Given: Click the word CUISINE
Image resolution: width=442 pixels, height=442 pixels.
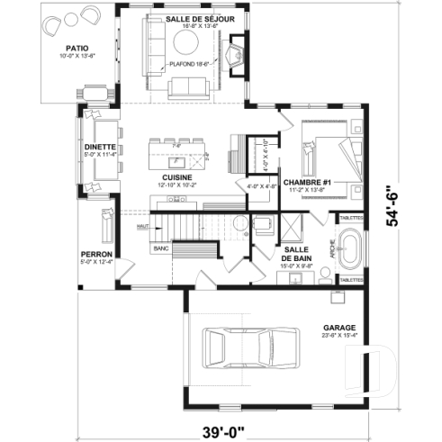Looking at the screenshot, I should (176, 176).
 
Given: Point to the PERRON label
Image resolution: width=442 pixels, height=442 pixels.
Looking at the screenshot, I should (97, 255).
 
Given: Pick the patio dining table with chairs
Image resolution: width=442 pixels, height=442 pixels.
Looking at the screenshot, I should (95, 92).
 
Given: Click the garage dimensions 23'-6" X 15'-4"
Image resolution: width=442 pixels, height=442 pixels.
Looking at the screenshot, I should (338, 336).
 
